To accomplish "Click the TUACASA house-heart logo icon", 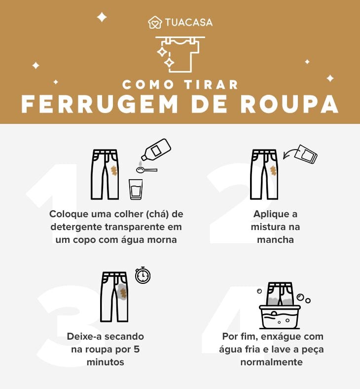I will (x=155, y=23).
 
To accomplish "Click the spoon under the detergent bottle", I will (x=145, y=170).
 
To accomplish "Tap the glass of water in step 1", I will (x=136, y=189).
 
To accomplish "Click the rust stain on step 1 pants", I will (x=114, y=170).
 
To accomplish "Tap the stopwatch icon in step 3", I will (x=143, y=275).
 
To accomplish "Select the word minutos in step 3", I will (x=106, y=361).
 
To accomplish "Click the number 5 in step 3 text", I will (x=140, y=349).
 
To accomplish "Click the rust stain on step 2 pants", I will (x=273, y=170).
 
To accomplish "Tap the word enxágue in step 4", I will (x=280, y=337).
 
